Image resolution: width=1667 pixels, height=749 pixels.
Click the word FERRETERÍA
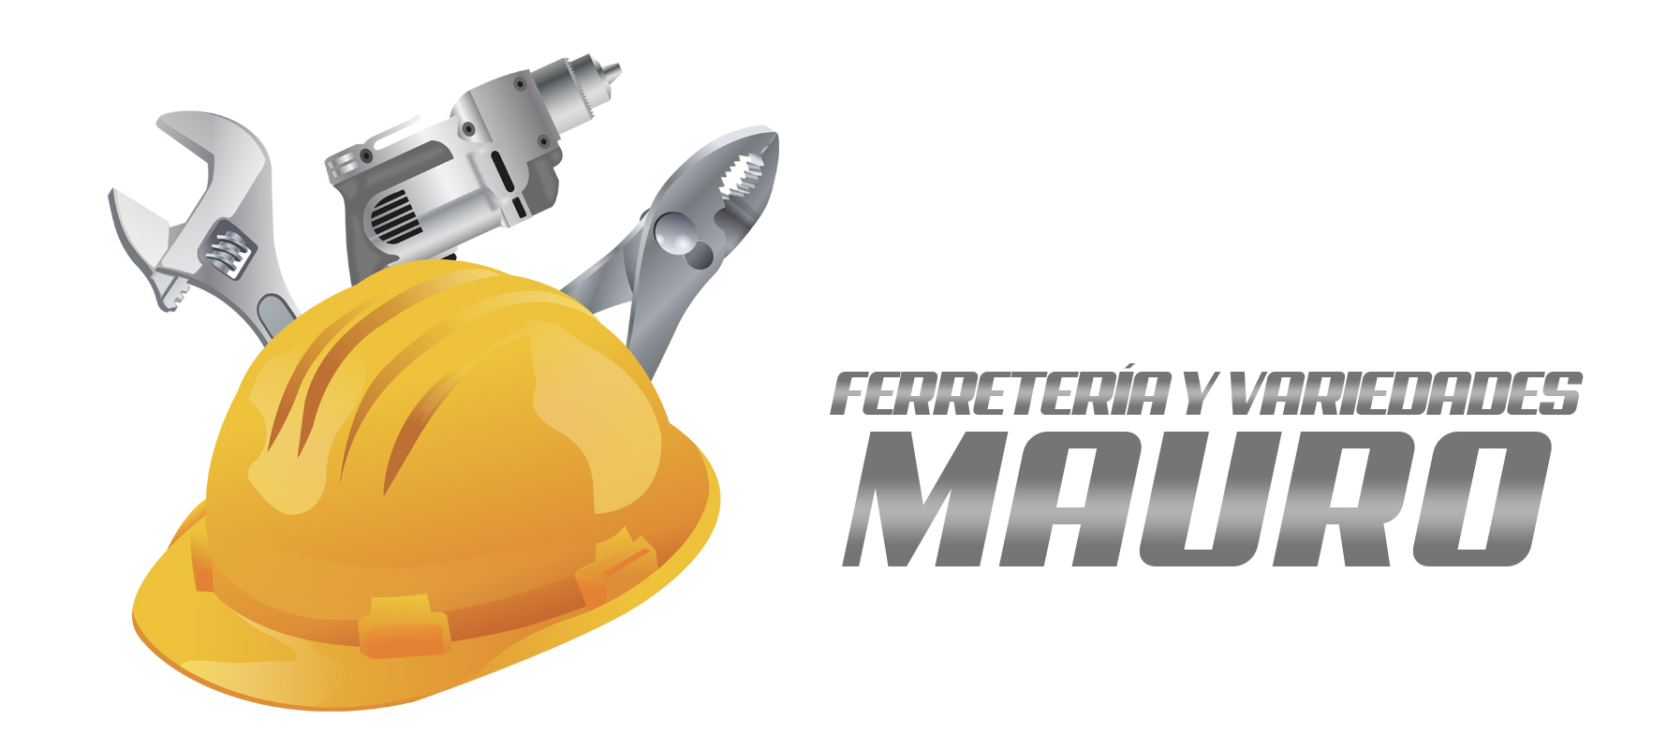(1001, 393)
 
